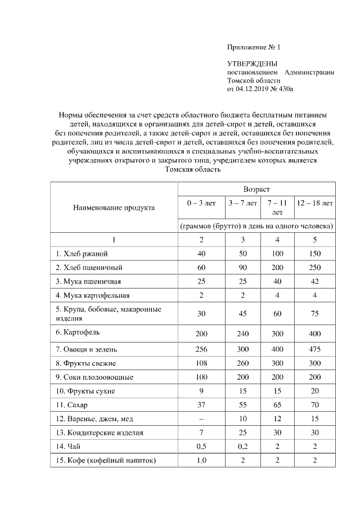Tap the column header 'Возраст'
[x=256, y=189]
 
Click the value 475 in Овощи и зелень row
[x=315, y=349]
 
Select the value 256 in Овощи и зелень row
[x=201, y=349]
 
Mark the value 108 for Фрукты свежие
[x=201, y=363]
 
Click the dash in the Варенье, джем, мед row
[x=201, y=418]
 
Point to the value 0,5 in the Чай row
[x=201, y=446]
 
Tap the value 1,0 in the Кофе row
[x=201, y=460]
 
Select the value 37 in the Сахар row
[x=201, y=404]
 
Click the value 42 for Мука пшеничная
[x=315, y=281]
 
